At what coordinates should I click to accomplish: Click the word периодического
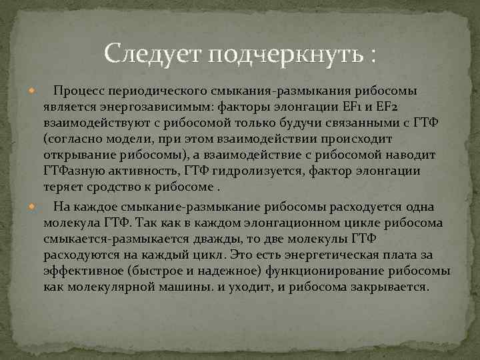coord(155,91)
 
